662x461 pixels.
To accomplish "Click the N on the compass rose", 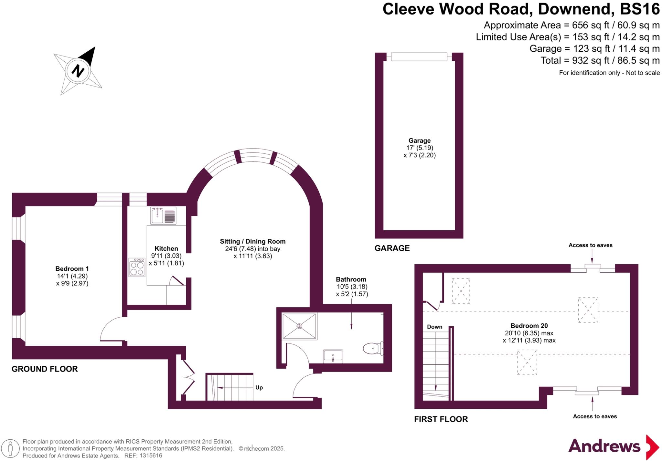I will point(78,70).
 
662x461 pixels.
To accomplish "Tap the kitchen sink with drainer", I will point(163,215).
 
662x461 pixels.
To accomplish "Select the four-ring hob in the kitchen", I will point(137,267).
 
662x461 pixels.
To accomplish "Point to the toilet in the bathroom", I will point(373,349).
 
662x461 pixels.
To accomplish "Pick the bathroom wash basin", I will point(333,356).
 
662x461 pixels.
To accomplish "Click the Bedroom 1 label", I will point(72,269).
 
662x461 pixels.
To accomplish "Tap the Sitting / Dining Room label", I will point(252,241).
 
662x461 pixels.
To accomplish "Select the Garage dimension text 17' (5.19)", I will point(420,148).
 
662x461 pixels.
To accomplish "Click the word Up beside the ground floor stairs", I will point(259,387).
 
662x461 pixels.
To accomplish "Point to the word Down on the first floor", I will point(434,327).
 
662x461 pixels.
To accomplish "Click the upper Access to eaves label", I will point(590,245).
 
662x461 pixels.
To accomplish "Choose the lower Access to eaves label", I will point(595,416).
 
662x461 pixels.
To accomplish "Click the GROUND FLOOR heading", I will point(45,369).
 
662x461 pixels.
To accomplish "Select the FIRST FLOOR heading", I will point(441,419).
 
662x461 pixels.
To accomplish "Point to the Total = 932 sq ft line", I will point(600,60).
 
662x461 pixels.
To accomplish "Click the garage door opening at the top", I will point(419,57).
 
